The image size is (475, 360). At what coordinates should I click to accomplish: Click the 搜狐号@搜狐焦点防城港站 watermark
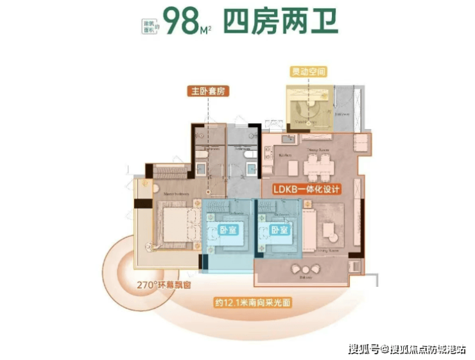[x=408, y=348]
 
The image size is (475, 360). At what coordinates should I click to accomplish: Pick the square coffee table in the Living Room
[x=330, y=229]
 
